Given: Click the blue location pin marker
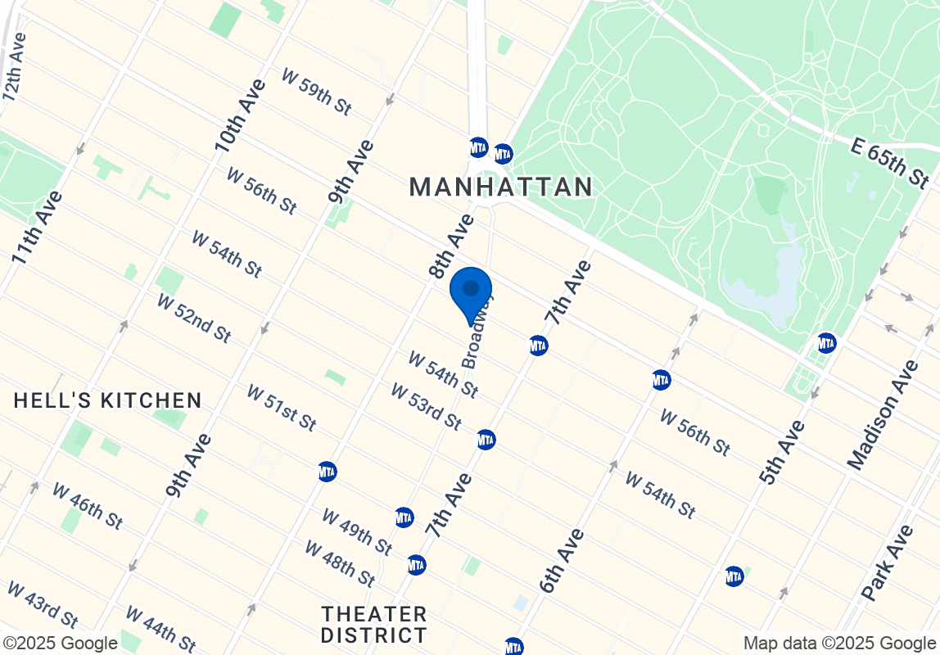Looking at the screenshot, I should coord(471,292).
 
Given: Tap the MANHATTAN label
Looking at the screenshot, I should coord(501,187).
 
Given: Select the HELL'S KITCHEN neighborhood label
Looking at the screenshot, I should coord(108,400).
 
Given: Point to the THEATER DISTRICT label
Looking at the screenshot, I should coord(374,625).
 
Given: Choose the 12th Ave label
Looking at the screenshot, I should coord(16,67).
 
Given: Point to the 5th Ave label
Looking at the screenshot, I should coord(782,451).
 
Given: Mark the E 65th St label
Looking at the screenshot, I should coord(890,162).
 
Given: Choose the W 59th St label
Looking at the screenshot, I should coord(316,91).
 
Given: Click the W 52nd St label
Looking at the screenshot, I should coord(194,318).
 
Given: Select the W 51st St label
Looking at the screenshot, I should coord(281,408).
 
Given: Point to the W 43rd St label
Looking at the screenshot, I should coord(42,605).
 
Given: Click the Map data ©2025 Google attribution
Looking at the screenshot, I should coord(839,643).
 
